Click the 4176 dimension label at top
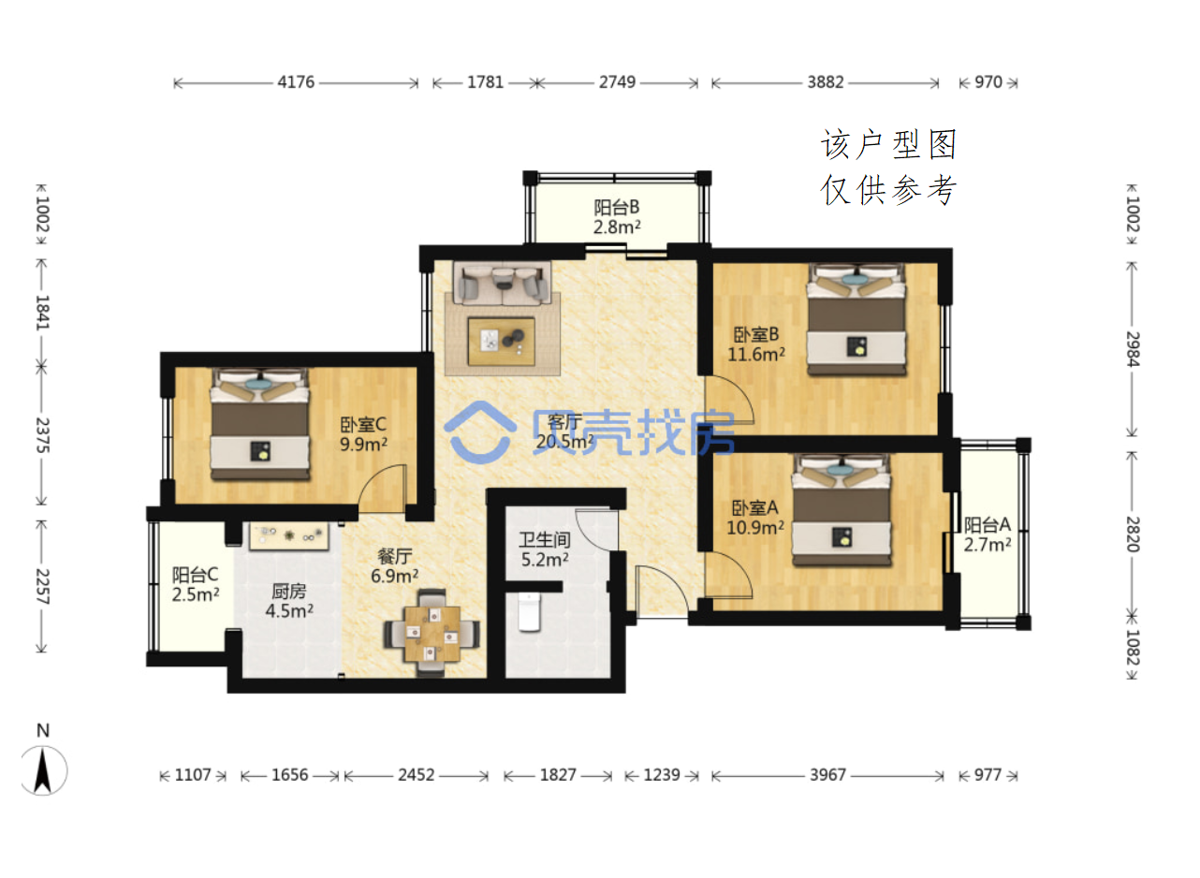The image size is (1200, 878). point(296,82)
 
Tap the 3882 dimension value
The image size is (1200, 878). point(826,82)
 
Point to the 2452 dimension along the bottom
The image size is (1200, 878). point(417,775)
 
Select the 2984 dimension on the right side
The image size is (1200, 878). point(1132,349)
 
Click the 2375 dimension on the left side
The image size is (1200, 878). point(42,435)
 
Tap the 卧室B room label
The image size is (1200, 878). point(756,334)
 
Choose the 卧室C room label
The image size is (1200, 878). point(363,424)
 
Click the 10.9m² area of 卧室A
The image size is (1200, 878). point(755,527)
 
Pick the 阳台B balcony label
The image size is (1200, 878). point(617,207)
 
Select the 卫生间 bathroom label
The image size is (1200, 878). point(544,539)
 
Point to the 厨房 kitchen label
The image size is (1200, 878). point(289,591)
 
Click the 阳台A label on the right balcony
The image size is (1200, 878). point(987,524)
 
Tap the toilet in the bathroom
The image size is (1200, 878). point(529,612)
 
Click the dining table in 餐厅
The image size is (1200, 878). point(432,634)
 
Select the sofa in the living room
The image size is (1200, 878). point(502,283)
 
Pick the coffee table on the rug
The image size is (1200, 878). point(502,342)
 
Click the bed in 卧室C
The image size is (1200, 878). point(260,424)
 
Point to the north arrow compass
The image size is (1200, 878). point(43,768)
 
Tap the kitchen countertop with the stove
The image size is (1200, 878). point(288,536)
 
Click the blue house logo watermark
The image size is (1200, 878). point(479,432)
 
